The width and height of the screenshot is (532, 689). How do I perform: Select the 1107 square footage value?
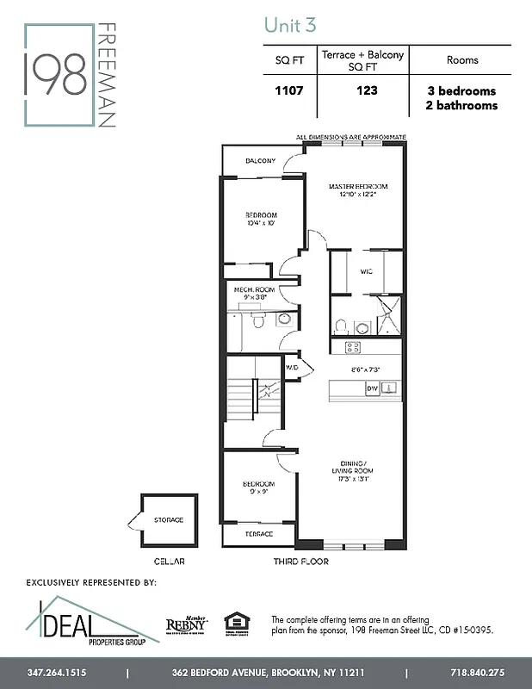(289, 90)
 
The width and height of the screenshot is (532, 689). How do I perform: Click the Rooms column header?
(462, 60)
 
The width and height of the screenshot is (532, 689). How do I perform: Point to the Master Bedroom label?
(358, 187)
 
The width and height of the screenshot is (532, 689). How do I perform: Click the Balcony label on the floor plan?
(260, 161)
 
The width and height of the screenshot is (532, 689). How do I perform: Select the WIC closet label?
(366, 271)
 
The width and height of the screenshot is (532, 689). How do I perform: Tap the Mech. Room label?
(255, 290)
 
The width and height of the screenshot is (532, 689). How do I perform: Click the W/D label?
(291, 367)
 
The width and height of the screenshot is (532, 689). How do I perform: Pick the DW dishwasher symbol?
(373, 389)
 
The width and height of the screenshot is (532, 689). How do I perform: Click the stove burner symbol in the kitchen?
(352, 347)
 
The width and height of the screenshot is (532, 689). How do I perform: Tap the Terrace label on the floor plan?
(259, 534)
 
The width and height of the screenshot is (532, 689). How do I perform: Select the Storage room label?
(169, 520)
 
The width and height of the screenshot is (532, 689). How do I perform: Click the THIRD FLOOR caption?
(302, 561)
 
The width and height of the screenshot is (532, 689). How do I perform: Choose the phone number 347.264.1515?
(57, 672)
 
